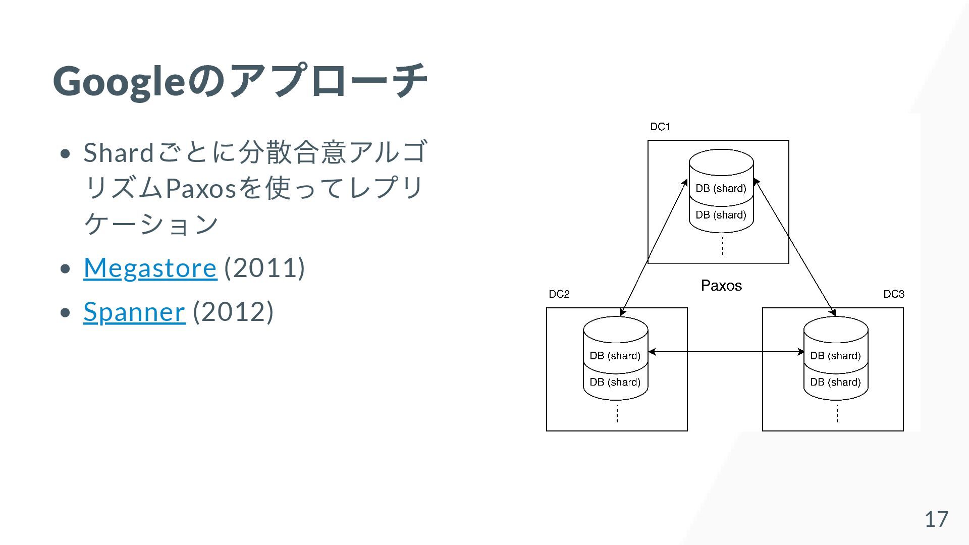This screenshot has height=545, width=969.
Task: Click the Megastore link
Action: (x=150, y=267)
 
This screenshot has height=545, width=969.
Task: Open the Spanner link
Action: (x=134, y=311)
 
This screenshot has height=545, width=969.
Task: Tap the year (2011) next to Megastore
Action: (x=264, y=267)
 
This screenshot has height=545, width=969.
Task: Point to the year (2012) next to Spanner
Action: (x=233, y=311)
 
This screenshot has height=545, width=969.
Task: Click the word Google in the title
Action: (x=119, y=81)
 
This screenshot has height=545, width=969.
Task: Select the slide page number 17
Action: (x=936, y=519)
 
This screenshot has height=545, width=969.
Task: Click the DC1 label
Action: (x=660, y=127)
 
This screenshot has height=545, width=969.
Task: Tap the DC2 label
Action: (x=559, y=294)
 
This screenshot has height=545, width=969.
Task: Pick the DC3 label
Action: (x=893, y=294)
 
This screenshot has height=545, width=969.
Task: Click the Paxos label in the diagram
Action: (x=721, y=286)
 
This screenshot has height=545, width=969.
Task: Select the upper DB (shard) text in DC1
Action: (x=721, y=188)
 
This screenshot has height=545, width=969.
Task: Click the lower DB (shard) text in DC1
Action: (x=721, y=215)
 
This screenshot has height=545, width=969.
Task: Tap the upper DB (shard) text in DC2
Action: (x=615, y=356)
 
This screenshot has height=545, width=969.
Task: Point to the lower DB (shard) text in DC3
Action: (x=835, y=382)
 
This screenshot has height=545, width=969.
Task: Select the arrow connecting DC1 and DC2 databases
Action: (x=654, y=248)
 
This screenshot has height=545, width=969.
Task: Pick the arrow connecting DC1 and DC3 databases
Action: (x=794, y=247)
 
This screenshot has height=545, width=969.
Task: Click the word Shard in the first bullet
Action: (x=119, y=152)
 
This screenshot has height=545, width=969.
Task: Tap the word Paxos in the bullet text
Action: (x=201, y=188)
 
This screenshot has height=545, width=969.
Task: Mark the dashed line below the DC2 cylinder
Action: (x=617, y=414)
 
